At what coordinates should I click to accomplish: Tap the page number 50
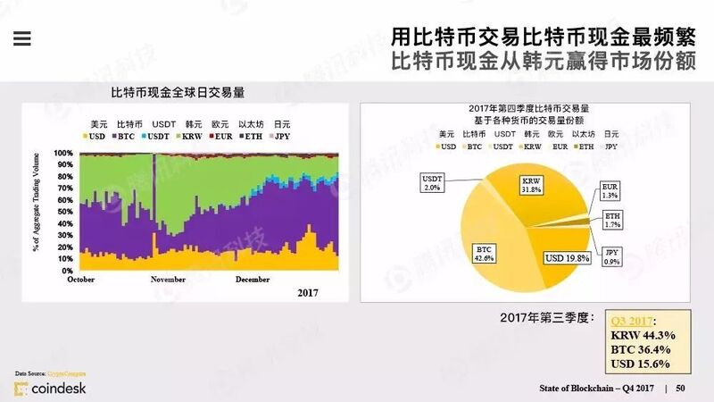click(680, 388)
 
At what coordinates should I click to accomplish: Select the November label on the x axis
click(168, 279)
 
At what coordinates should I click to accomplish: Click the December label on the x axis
click(252, 279)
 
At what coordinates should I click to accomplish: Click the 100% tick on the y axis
click(63, 153)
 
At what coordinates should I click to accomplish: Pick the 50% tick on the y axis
click(65, 212)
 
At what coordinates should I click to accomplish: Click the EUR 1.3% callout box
click(610, 191)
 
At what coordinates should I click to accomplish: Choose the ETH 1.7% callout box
click(612, 220)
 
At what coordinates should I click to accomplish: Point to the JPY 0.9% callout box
click(612, 256)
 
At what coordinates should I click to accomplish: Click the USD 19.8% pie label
click(568, 258)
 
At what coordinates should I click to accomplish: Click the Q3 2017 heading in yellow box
click(632, 321)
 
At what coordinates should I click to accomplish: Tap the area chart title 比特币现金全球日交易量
click(178, 93)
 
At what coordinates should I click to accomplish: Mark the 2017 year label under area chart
click(307, 292)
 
